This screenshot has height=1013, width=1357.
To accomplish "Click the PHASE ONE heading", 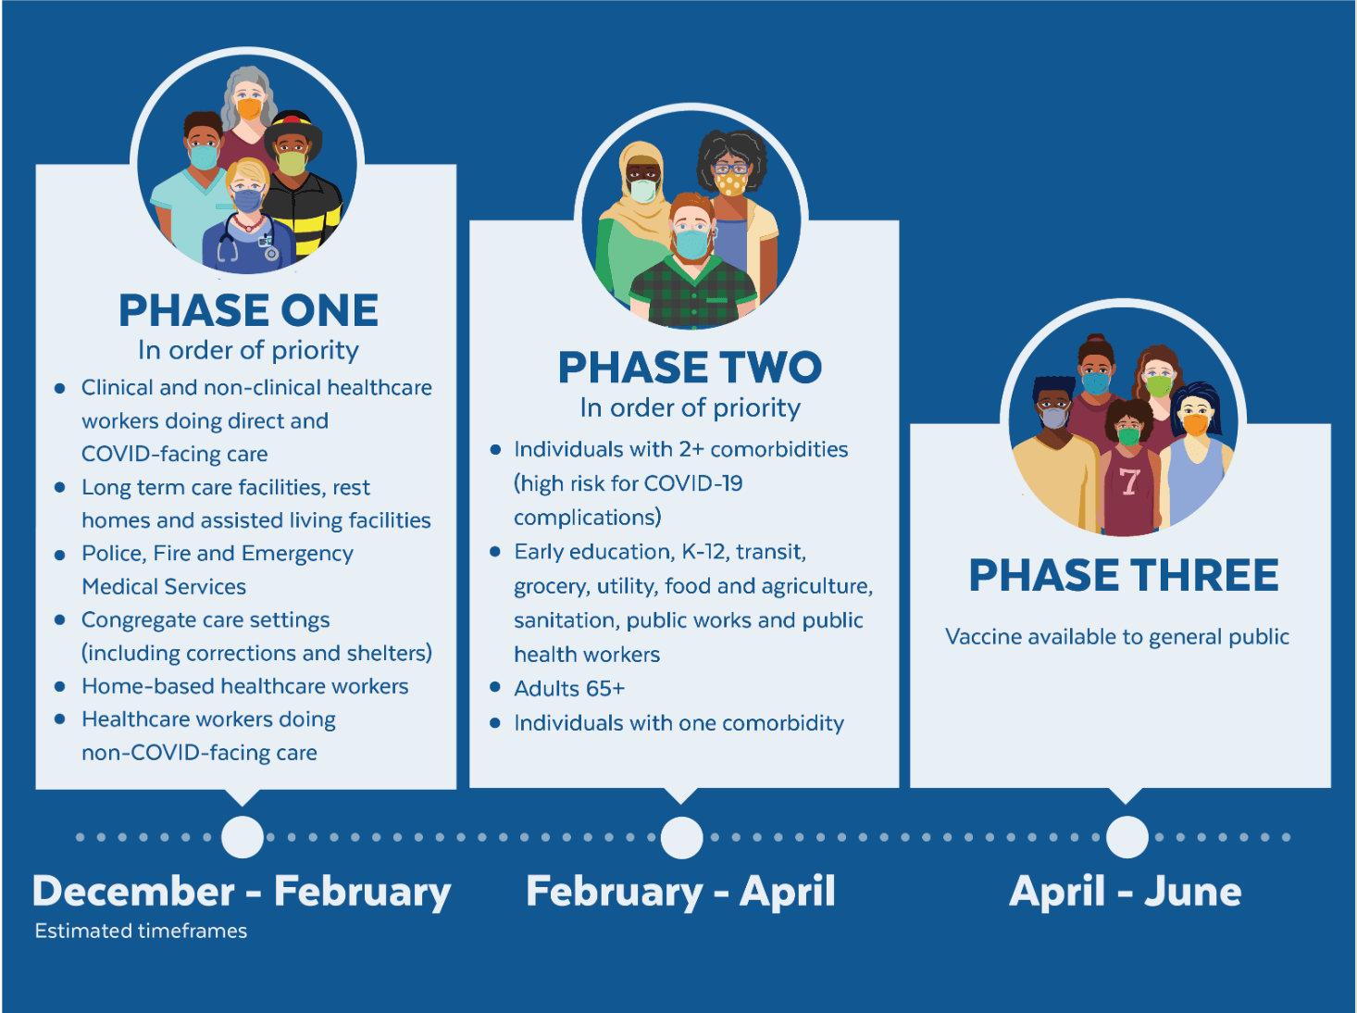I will pyautogui.click(x=248, y=310).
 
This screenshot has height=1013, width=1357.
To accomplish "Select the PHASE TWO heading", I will pyautogui.click(x=690, y=368).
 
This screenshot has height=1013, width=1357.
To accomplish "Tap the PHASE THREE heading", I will pyautogui.click(x=1123, y=575).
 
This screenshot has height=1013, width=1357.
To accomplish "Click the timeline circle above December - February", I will pyautogui.click(x=243, y=837).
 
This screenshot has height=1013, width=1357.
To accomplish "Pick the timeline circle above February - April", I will pyautogui.click(x=682, y=837).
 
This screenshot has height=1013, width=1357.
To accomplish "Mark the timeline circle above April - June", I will pyautogui.click(x=1127, y=837).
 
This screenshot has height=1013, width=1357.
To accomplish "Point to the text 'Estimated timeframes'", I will pyautogui.click(x=141, y=931).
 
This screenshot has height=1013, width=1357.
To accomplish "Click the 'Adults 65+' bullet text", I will pyautogui.click(x=569, y=688).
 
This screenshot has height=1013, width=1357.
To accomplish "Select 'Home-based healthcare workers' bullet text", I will pyautogui.click(x=245, y=686).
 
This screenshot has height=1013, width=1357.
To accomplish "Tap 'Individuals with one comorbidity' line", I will pyautogui.click(x=678, y=722).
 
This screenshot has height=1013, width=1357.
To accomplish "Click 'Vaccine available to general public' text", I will pyautogui.click(x=1116, y=637).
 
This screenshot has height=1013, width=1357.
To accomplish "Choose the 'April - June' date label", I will pyautogui.click(x=1125, y=891).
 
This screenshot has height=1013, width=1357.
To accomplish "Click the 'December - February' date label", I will pyautogui.click(x=242, y=891).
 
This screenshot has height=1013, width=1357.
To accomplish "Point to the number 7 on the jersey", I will pyautogui.click(x=1128, y=481).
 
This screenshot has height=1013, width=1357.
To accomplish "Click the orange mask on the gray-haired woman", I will pyautogui.click(x=249, y=109).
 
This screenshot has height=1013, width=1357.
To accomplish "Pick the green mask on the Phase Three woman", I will pyautogui.click(x=1159, y=385).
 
